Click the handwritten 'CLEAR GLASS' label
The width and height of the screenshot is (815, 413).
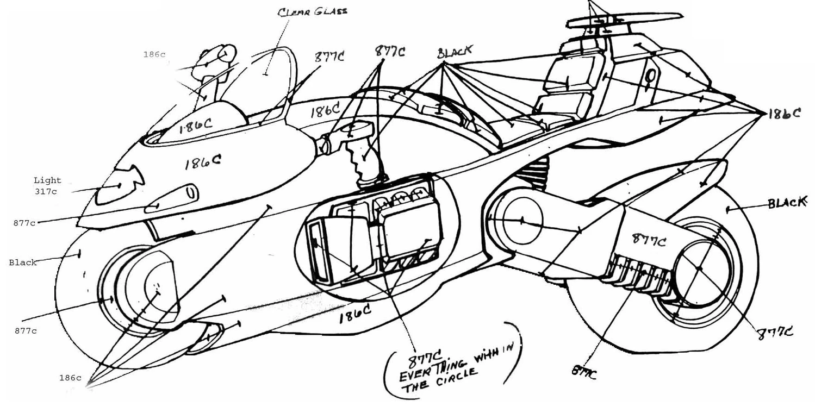[312, 11]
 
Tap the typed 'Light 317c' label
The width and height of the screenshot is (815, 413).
[47, 185]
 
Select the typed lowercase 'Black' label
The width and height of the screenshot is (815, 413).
[23, 262]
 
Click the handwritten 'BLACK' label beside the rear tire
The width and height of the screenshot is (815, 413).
[786, 203]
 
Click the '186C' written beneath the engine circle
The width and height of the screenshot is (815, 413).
[355, 314]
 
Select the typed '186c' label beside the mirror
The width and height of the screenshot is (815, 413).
[154, 54]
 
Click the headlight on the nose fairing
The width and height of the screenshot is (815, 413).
[119, 186]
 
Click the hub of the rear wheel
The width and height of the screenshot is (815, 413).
[699, 268]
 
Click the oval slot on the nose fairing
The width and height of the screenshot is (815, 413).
[171, 199]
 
